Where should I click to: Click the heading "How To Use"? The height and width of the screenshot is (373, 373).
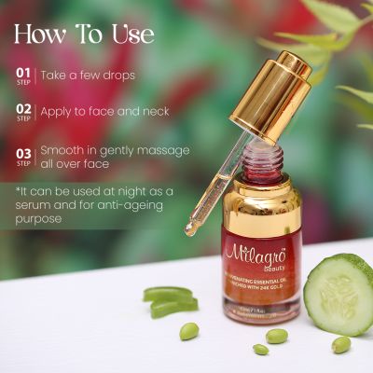pos(84,34)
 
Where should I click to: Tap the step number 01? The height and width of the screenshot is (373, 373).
pos(24,71)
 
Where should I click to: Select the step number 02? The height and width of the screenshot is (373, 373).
pos(24,108)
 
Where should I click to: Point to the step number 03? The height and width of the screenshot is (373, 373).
pos(24,151)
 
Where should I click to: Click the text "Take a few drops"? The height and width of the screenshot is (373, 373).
pos(88,75)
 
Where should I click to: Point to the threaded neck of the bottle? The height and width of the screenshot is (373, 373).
pos(264,167)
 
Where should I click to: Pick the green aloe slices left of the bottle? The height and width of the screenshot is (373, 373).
pos(171,300)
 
